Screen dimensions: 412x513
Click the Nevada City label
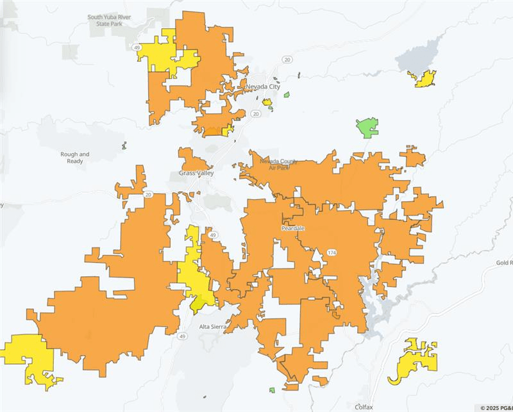click(x=262, y=87)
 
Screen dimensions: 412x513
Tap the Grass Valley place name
click(x=196, y=174)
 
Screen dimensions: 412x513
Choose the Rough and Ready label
click(x=75, y=158)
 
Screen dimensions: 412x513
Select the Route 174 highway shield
click(x=332, y=252)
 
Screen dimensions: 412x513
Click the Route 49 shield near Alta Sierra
click(x=183, y=336)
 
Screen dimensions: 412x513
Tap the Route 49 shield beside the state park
click(x=138, y=47)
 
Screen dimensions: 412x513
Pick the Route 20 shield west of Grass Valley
click(x=148, y=195)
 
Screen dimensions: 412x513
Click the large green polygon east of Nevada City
click(x=367, y=127)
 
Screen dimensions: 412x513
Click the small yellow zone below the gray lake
click(x=424, y=79)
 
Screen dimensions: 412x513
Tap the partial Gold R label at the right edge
click(x=504, y=263)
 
